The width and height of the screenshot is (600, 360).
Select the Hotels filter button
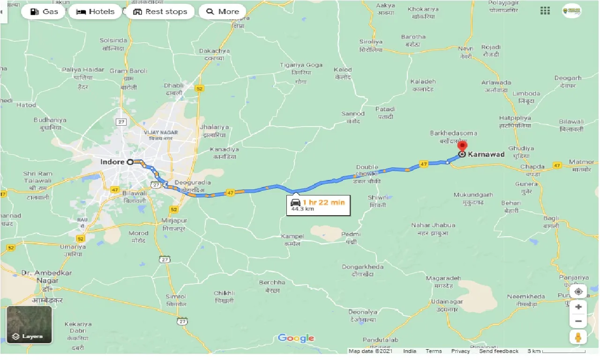coord(95,12)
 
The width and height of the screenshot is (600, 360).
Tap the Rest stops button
coord(160,12)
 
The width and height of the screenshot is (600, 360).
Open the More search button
coord(223,12)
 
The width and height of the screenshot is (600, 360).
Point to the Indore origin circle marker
coord(130,162)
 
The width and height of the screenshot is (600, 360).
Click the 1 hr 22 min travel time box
coord(318,205)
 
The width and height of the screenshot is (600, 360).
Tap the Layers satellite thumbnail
coord(29,325)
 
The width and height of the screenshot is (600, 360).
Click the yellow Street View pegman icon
coord(578,337)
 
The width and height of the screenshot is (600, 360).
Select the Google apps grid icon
coord(545,11)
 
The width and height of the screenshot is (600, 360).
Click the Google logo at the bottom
coord(296,338)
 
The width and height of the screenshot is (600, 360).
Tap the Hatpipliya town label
coord(515,122)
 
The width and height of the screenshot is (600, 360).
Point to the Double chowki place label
coord(367,170)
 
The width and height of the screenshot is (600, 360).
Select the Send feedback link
coord(499,351)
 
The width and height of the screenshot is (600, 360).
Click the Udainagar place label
coord(447,305)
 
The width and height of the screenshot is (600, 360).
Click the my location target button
coord(578,292)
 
